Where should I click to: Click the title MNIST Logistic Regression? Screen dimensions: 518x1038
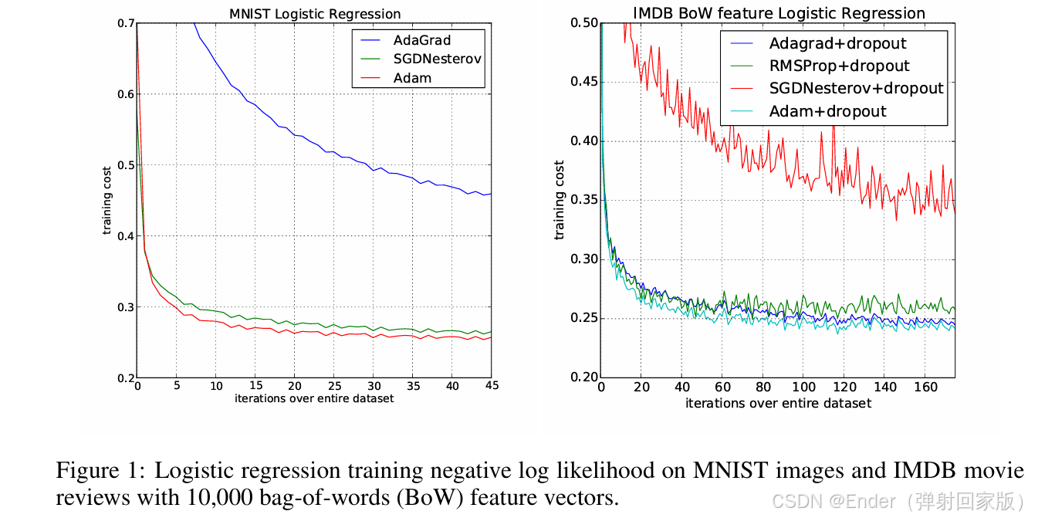(x=315, y=14)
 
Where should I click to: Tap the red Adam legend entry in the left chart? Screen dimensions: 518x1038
(x=412, y=78)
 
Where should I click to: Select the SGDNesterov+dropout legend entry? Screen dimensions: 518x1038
(x=856, y=88)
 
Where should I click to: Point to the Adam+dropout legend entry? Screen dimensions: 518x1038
(x=827, y=111)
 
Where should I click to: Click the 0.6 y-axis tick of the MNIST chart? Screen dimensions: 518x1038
(x=124, y=94)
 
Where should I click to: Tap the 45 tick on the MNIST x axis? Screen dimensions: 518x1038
(x=490, y=386)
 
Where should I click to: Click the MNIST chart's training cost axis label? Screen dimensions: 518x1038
(x=108, y=199)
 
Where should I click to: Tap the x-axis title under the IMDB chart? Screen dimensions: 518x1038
(x=778, y=403)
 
